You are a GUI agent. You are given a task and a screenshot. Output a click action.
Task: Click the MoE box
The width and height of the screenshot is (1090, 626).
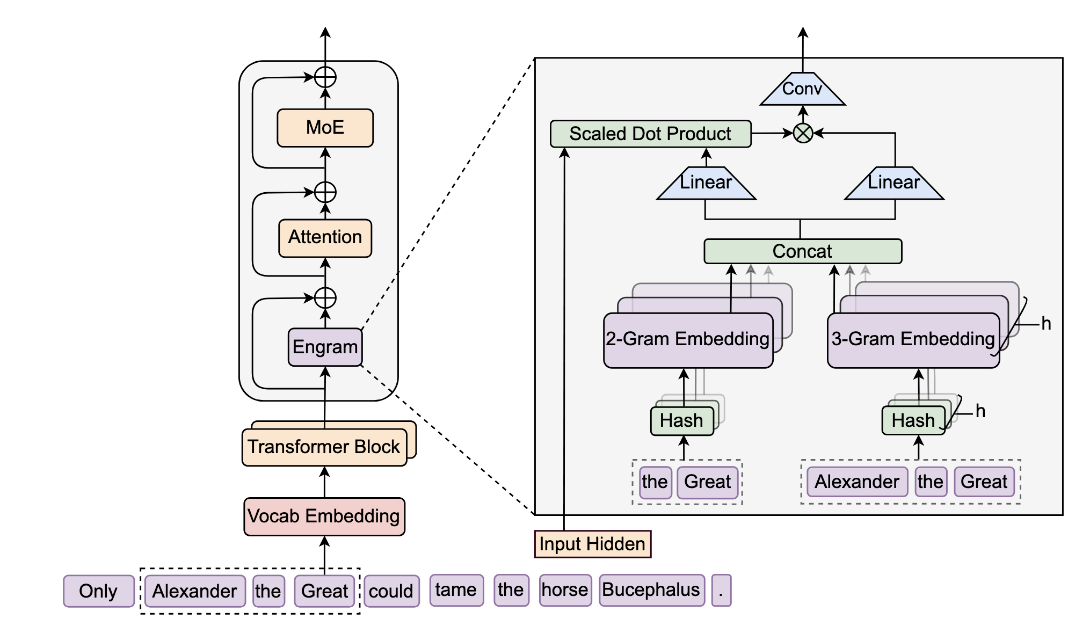325,128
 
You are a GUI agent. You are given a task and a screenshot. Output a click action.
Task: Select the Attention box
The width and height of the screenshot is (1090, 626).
325,238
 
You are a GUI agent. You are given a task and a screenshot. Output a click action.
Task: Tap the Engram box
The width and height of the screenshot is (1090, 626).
325,347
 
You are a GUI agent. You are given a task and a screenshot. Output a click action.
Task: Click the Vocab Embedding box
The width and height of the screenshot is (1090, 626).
324,516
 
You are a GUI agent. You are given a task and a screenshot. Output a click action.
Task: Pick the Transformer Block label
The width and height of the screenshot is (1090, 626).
324,447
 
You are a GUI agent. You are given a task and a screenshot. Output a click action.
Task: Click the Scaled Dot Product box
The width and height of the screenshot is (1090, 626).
651,134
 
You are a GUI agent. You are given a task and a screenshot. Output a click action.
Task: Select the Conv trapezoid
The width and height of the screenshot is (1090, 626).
803,89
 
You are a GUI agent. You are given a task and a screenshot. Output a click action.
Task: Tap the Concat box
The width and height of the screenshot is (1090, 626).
803,251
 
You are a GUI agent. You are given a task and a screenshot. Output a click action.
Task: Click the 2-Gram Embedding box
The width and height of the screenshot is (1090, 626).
688,340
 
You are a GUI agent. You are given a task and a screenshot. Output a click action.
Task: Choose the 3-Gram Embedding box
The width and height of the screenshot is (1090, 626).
913,340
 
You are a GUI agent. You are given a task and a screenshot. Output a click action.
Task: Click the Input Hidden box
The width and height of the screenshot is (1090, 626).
593,544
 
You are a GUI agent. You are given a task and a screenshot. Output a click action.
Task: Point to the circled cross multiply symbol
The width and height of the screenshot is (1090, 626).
803,133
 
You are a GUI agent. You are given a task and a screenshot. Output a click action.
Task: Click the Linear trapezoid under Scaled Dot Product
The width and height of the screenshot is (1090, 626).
706,183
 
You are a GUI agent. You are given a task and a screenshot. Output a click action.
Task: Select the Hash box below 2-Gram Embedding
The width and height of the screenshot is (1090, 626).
682,421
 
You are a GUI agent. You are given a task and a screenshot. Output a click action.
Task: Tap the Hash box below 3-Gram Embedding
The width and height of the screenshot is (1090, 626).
913,420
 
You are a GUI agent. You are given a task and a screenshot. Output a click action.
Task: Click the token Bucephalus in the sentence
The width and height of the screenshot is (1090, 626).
652,590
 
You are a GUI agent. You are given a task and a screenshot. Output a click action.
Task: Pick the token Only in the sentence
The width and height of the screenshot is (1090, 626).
98,591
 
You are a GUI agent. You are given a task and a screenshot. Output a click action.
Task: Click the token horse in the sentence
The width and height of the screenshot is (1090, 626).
565,590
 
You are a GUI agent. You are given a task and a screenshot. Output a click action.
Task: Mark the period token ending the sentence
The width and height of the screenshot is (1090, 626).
721,590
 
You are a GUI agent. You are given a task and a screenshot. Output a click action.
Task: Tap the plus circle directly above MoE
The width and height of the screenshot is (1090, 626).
325,77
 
